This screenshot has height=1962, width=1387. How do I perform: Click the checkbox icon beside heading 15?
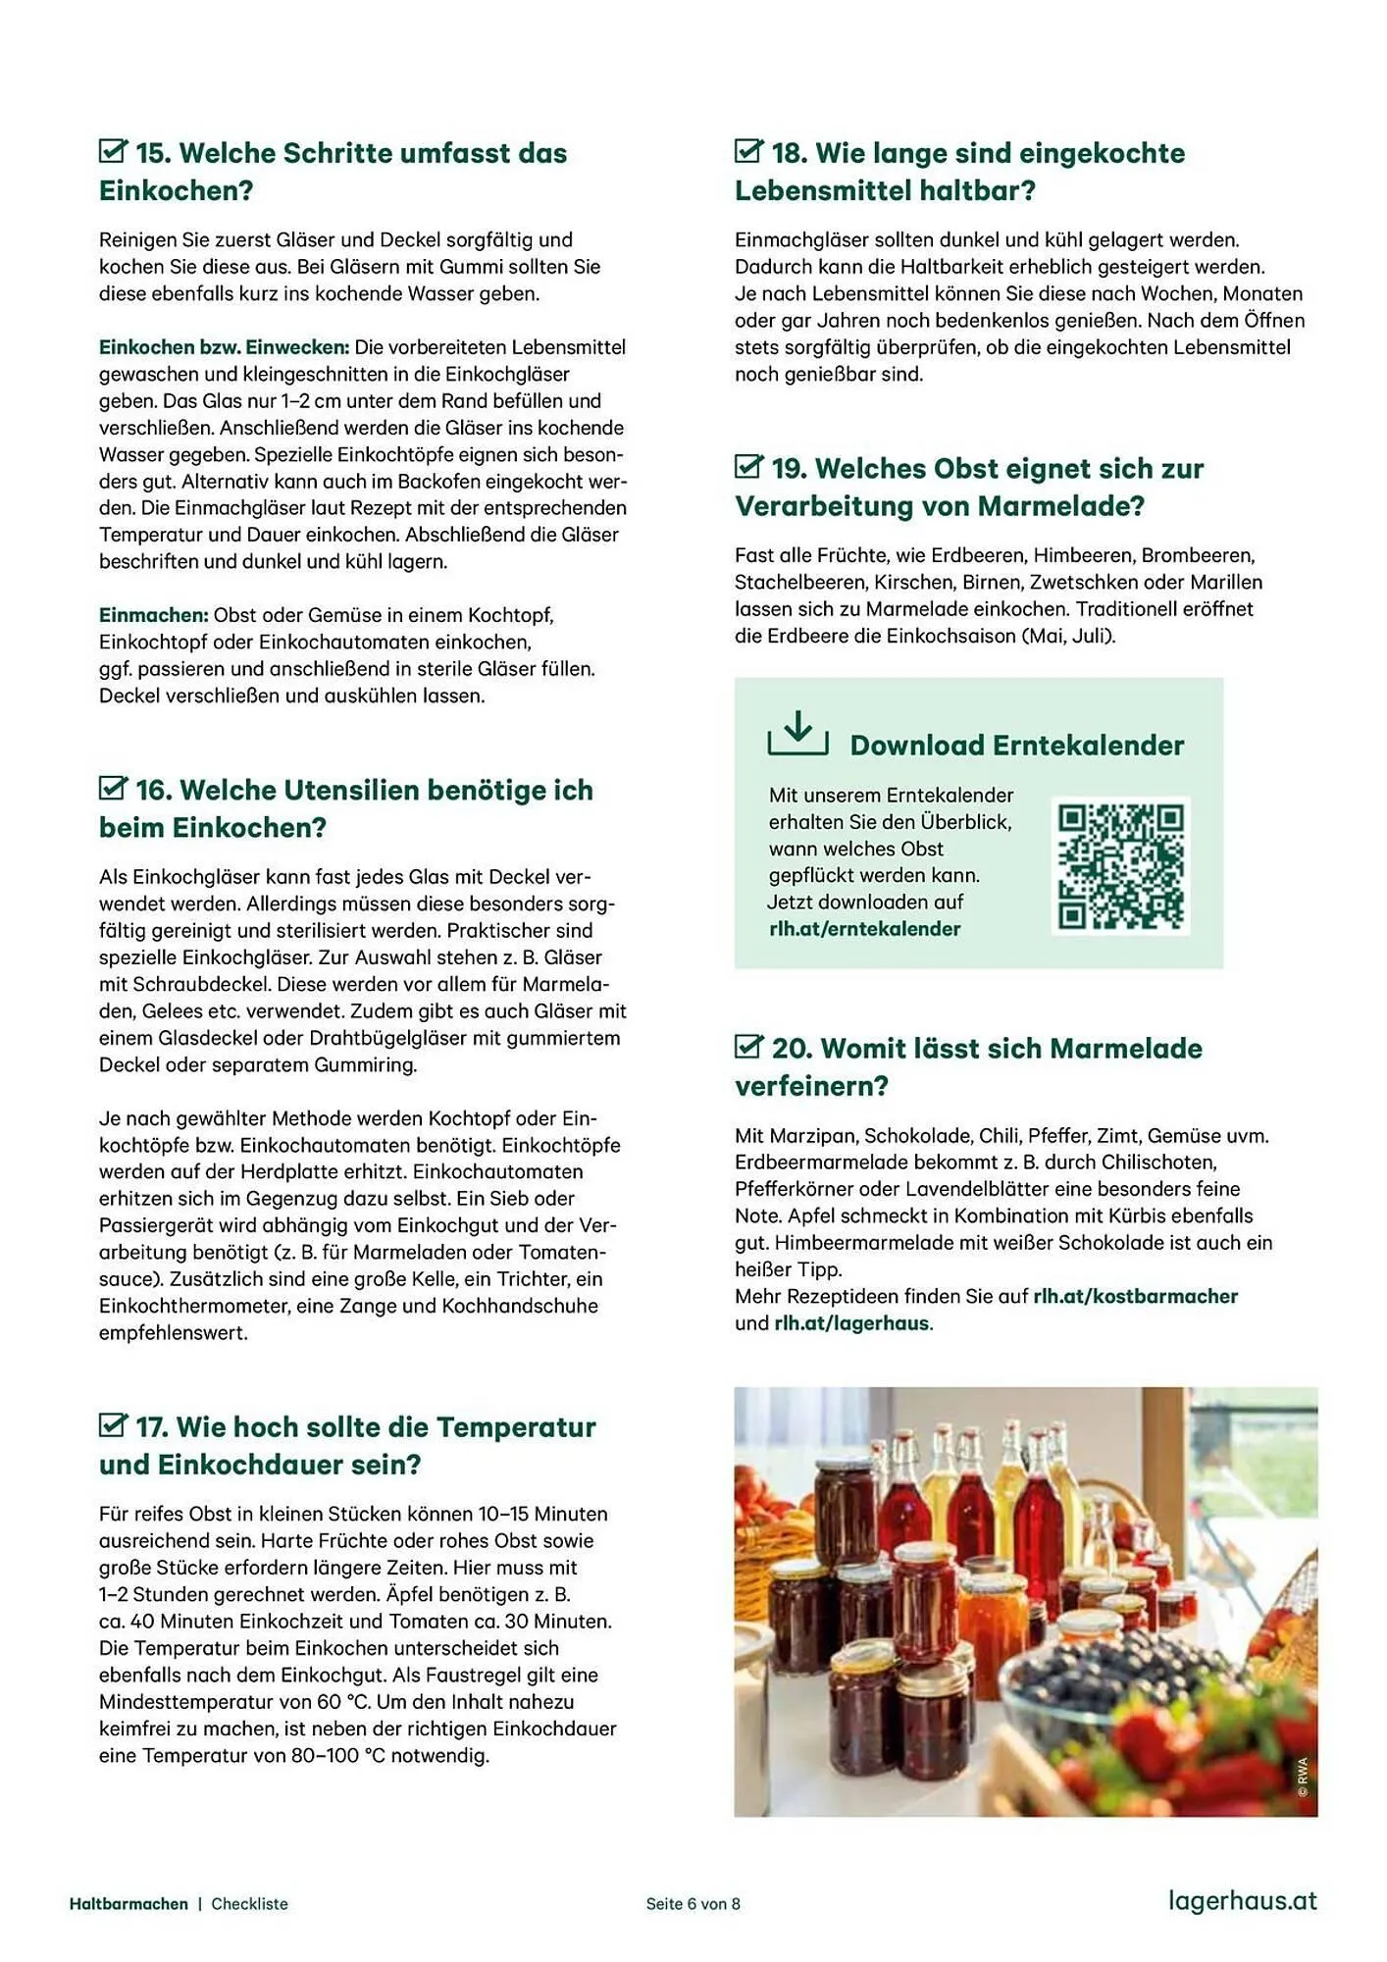pyautogui.click(x=113, y=151)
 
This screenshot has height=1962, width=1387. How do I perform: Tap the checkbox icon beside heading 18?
pyautogui.click(x=748, y=151)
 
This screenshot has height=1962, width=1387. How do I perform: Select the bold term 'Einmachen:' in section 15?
pyautogui.click(x=153, y=615)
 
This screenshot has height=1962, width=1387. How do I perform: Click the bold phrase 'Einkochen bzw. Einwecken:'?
pyautogui.click(x=224, y=347)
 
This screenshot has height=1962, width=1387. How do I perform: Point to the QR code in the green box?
pyautogui.click(x=1120, y=865)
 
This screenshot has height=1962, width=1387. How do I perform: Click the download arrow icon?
pyautogui.click(x=797, y=733)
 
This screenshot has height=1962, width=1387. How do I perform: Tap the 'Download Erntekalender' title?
pyautogui.click(x=1016, y=746)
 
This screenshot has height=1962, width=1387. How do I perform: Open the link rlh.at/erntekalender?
pyautogui.click(x=864, y=929)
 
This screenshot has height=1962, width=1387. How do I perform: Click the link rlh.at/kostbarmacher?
pyautogui.click(x=1135, y=1297)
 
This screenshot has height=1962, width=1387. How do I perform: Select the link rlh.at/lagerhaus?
pyautogui.click(x=850, y=1323)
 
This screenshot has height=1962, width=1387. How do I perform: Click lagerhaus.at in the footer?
pyautogui.click(x=1242, y=1900)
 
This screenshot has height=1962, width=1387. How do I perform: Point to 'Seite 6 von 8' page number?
pyautogui.click(x=693, y=1904)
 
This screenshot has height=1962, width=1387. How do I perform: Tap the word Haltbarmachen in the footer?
pyautogui.click(x=128, y=1904)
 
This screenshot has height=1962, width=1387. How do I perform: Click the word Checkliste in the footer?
pyautogui.click(x=249, y=1904)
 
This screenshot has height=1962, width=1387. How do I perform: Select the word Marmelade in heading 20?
pyautogui.click(x=1125, y=1049)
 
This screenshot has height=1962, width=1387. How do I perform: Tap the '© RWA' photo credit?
pyautogui.click(x=1302, y=1777)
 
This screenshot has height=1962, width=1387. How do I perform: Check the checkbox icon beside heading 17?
pyautogui.click(x=113, y=1425)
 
